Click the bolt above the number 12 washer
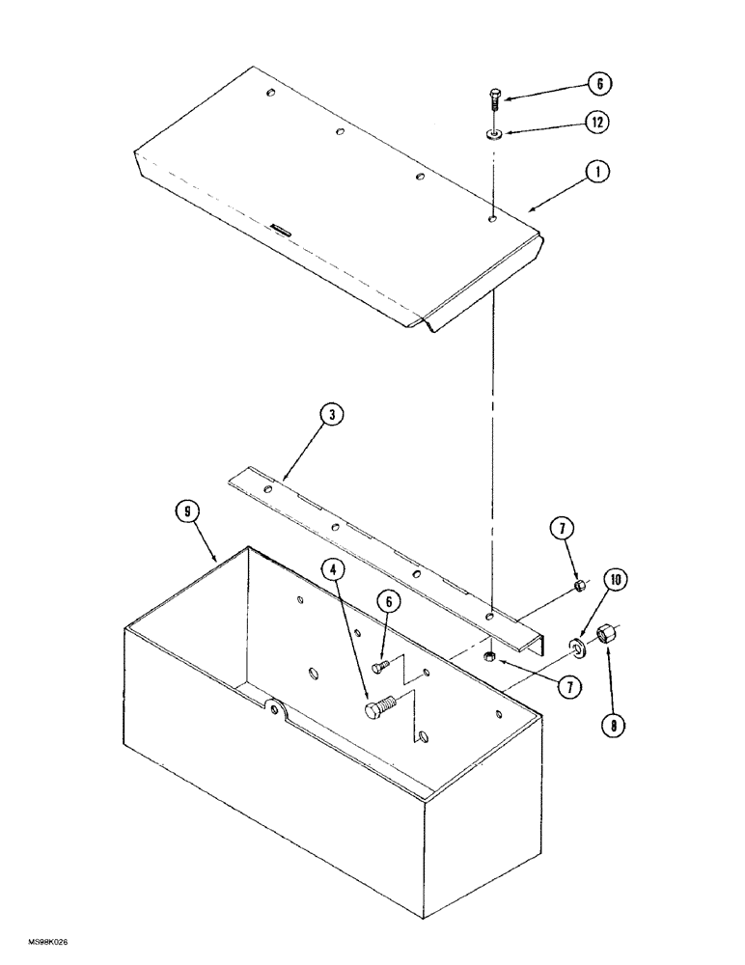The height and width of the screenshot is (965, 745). [x=493, y=96]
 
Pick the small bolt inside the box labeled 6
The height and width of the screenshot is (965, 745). [x=380, y=666]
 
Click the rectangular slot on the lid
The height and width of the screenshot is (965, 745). [x=281, y=229]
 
